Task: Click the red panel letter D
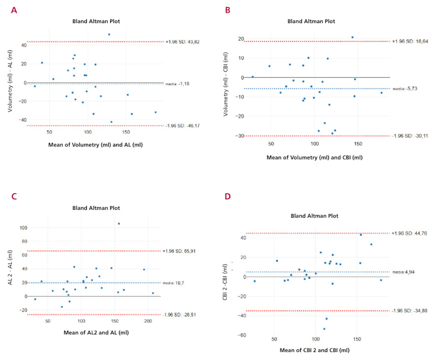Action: [x=227, y=196]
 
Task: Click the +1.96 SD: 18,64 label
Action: [x=410, y=41]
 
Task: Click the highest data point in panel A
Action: [x=109, y=34]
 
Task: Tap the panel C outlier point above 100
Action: [x=119, y=224]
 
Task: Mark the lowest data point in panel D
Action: [x=324, y=328]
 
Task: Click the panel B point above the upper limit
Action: [x=352, y=37]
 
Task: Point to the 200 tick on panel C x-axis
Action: [x=148, y=321]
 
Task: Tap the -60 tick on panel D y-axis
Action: [x=242, y=335]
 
